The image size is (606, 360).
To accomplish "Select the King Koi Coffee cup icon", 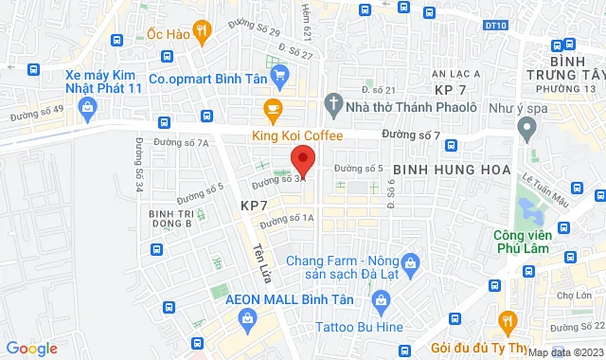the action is coord(273,109).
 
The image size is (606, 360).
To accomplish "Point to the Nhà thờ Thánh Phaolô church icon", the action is coord(333,102).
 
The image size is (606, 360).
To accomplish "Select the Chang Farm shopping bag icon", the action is coord(410,261).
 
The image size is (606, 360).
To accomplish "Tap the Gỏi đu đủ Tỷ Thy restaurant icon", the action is coord(508,321).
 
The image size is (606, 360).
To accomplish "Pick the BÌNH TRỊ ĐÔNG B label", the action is coord(170,219).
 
